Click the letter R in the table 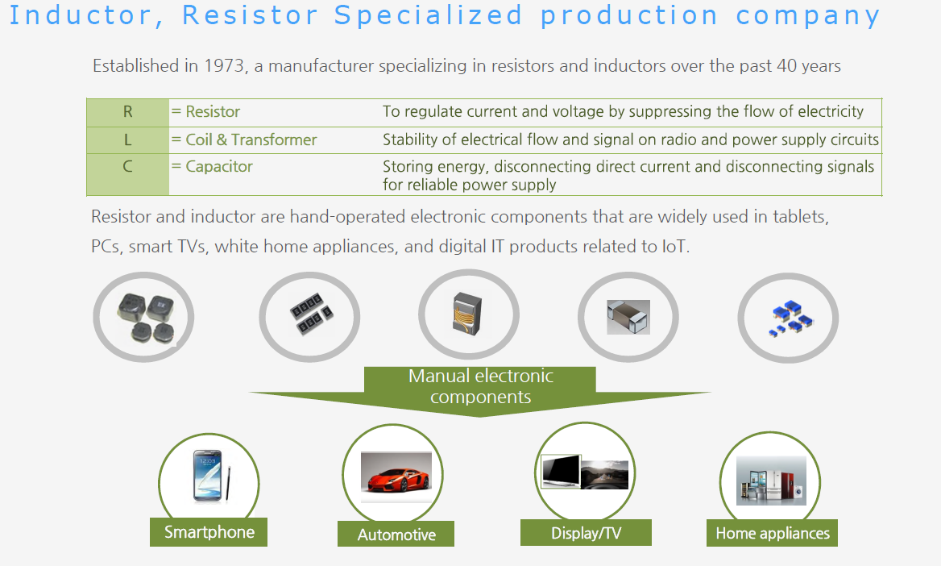pyautogui.click(x=128, y=112)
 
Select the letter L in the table pyautogui.click(x=127, y=140)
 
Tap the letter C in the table pyautogui.click(x=127, y=166)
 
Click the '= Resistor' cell pyautogui.click(x=205, y=112)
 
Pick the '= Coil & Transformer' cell pyautogui.click(x=243, y=140)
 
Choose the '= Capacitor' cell pyautogui.click(x=212, y=166)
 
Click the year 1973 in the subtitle pyautogui.click(x=224, y=65)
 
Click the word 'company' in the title pyautogui.click(x=808, y=16)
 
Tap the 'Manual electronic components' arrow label pyautogui.click(x=480, y=386)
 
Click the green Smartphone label pyautogui.click(x=209, y=532)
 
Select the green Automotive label pyautogui.click(x=396, y=535)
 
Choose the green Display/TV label pyautogui.click(x=586, y=533)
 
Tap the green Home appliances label pyautogui.click(x=773, y=533)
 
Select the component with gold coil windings pyautogui.click(x=467, y=313)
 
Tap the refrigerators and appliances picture pyautogui.click(x=771, y=481)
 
